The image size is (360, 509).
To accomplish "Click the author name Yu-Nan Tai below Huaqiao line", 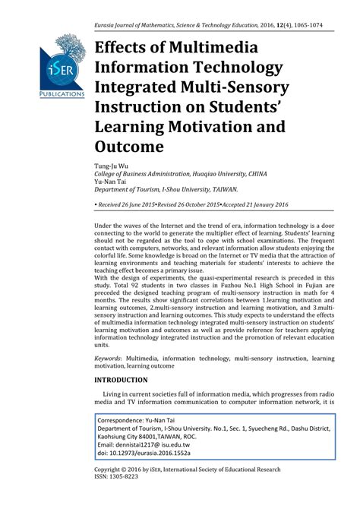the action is (x=112, y=183).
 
